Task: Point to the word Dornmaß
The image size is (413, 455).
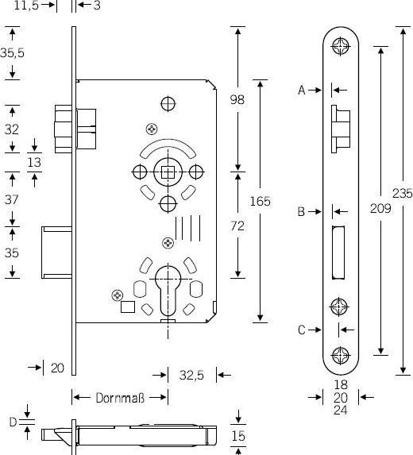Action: tap(119, 397)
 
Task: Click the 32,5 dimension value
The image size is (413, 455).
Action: tap(191, 375)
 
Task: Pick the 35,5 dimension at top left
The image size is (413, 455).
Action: tap(12, 54)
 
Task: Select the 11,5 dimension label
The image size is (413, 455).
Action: tap(28, 6)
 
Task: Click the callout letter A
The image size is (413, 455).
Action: tap(302, 91)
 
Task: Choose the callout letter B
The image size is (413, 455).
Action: tap(302, 211)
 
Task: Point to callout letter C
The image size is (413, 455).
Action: tap(302, 330)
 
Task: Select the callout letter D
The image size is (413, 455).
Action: tap(13, 421)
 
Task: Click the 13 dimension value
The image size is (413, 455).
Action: tap(35, 162)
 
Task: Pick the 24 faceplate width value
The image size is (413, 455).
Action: tap(340, 411)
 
